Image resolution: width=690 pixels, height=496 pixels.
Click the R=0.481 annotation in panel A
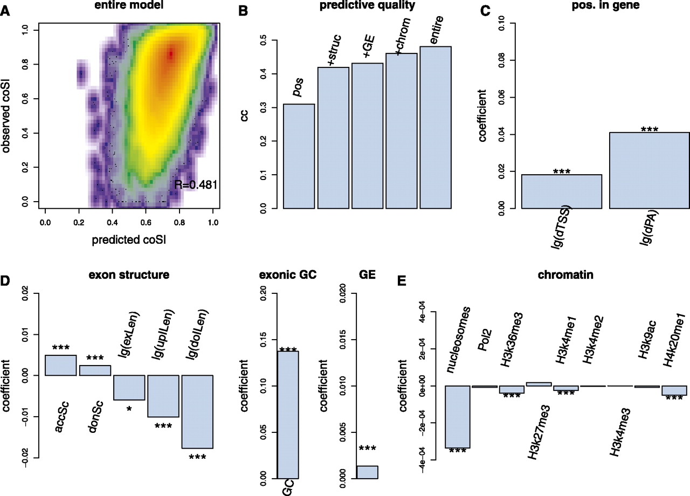[195, 185]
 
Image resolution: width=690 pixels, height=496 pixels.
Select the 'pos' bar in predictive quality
[299, 156]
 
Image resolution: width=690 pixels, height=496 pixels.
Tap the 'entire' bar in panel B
[435, 127]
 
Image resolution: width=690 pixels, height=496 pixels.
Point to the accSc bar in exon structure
[60, 365]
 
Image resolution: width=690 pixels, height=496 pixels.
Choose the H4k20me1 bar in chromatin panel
[674, 390]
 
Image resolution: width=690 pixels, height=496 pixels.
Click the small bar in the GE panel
[367, 472]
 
